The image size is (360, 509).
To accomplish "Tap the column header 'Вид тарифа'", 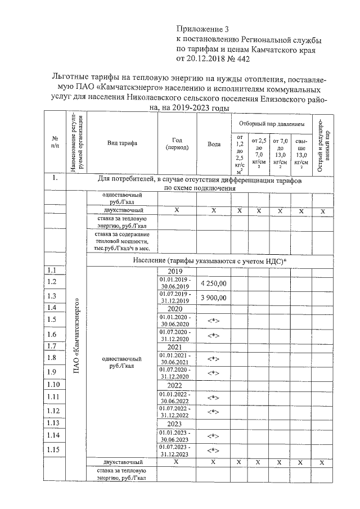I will coord(122,144).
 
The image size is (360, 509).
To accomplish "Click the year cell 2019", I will coord(177,271).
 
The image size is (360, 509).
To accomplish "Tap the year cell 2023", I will coord(177,424).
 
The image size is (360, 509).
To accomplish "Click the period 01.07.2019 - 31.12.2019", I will coord(177,297).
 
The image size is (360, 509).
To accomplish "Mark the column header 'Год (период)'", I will coord(177,144).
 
